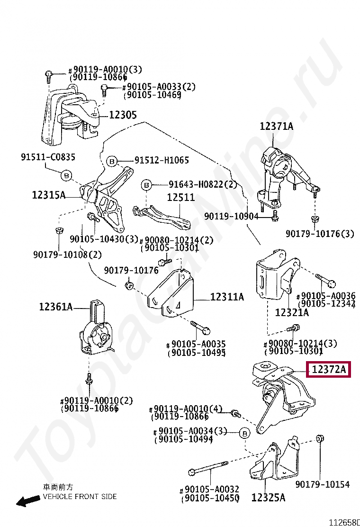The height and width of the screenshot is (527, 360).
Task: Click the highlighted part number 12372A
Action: click(x=329, y=369)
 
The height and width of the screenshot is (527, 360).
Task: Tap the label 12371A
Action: click(x=276, y=127)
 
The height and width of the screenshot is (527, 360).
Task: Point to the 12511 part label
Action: click(x=180, y=197)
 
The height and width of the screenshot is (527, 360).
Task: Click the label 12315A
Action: click(x=48, y=194)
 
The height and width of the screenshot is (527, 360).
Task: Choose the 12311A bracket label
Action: click(x=227, y=297)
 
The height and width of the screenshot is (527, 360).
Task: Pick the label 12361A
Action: click(x=56, y=307)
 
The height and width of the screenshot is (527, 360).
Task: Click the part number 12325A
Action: click(x=268, y=498)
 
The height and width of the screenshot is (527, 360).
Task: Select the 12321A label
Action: click(x=292, y=312)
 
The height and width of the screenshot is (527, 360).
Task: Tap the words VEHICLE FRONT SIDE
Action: click(x=80, y=497)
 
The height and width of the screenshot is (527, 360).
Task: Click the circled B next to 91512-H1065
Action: click(x=111, y=162)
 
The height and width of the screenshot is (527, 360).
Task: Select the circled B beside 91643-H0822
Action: click(x=146, y=184)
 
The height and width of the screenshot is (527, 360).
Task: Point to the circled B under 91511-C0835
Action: click(x=66, y=175)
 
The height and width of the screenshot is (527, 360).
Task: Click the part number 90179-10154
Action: click(x=322, y=484)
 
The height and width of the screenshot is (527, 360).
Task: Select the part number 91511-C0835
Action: click(x=48, y=157)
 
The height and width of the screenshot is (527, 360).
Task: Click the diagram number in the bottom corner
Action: click(x=344, y=522)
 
